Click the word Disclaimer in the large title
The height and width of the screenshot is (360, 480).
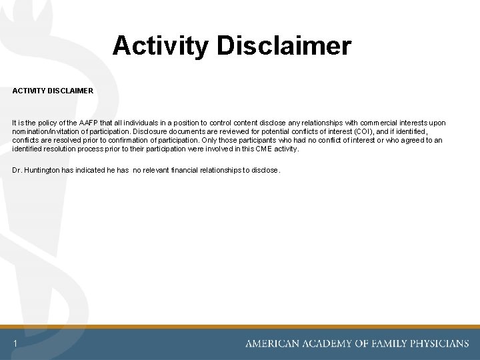coord(289,46)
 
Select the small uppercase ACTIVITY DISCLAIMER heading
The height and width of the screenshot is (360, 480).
coord(53,91)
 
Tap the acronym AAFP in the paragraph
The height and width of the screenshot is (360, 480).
coord(91,123)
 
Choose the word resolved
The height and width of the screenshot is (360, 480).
coord(75,140)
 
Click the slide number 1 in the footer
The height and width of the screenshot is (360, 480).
coord(14,344)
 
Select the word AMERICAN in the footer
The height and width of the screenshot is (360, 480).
coord(273,344)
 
